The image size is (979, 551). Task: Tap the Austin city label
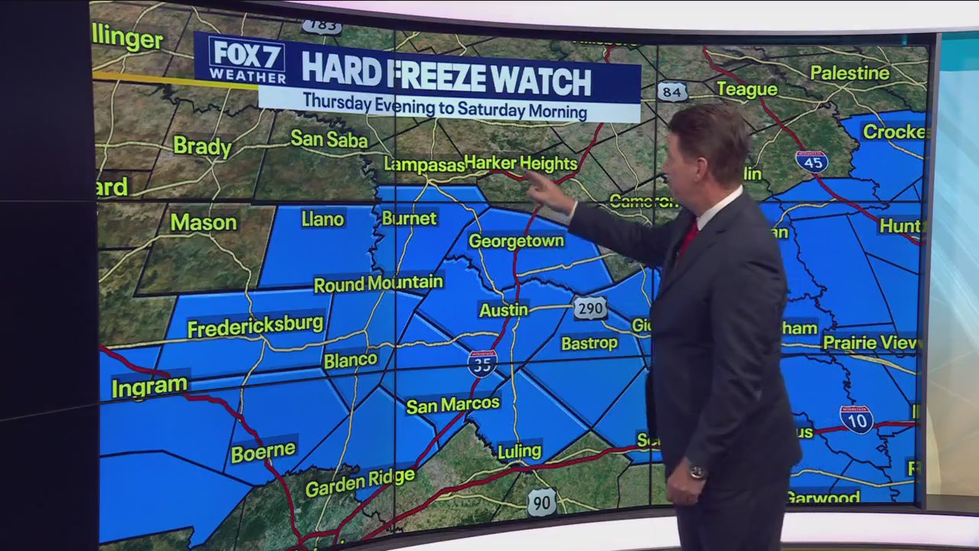point(503,310)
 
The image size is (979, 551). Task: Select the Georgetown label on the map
point(516,241)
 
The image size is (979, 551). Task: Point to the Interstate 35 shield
point(483,363)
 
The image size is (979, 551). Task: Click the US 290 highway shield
point(590,308)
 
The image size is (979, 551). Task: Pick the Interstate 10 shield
point(857,419)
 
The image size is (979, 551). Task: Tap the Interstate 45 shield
point(811,161)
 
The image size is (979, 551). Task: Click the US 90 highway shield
point(542,502)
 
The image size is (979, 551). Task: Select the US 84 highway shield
point(672,92)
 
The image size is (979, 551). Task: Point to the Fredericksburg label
point(255,327)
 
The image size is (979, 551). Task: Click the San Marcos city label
point(453,404)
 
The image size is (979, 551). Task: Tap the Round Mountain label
point(379,284)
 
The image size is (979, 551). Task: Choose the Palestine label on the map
point(850,73)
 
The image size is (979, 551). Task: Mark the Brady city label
point(202,145)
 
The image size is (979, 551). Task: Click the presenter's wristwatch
point(697,472)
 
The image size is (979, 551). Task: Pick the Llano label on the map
point(323,220)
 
